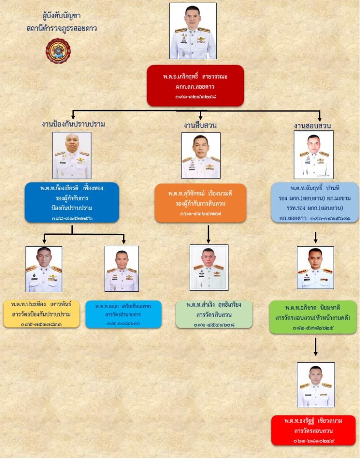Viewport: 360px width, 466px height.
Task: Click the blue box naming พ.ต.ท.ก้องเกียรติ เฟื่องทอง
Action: [x=71, y=203]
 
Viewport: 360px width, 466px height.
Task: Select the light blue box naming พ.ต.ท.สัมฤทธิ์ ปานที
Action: [x=314, y=203]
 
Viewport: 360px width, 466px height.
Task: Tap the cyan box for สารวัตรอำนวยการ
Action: [x=123, y=314]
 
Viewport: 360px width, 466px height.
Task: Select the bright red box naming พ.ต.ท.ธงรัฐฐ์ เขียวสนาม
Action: [x=313, y=430]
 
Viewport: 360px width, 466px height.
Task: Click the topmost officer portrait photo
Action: [x=193, y=31]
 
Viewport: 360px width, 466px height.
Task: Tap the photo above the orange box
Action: [x=201, y=155]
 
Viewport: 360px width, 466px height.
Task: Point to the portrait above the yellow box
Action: [x=44, y=268]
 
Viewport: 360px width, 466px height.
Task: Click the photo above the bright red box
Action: [x=315, y=385]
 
